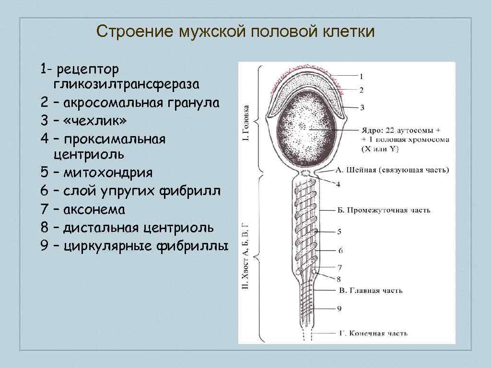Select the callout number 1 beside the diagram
[x=361, y=76]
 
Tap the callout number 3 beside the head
[x=362, y=107]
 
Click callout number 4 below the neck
[x=339, y=184]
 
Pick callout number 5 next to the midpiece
[x=339, y=231]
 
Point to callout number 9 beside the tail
[x=339, y=309]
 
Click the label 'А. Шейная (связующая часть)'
[x=392, y=170]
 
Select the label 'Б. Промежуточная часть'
[x=383, y=210]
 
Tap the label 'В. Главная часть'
[x=371, y=290]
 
